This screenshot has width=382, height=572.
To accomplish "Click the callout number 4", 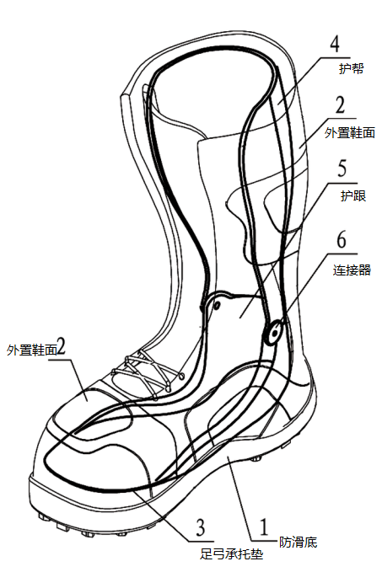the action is (335, 44).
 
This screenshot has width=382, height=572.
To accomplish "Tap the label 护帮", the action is (351, 68).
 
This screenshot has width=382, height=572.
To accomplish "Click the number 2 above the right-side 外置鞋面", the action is (340, 104).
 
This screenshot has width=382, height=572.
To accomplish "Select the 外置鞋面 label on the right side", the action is (350, 132).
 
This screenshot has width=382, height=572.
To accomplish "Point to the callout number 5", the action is (342, 168).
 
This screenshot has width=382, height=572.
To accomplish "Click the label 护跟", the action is (353, 196).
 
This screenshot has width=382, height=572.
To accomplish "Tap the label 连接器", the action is (352, 270).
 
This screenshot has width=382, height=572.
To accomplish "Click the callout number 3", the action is (201, 527).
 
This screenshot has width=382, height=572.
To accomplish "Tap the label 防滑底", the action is (298, 542).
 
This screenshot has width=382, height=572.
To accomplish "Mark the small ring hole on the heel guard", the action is (217, 306).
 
